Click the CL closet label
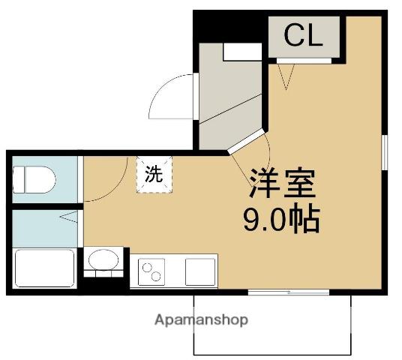point(304,36)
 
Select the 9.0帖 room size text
point(280,219)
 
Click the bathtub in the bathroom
point(43,268)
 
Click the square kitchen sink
point(200,269)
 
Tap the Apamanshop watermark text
point(201,319)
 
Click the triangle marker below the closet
point(285,75)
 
